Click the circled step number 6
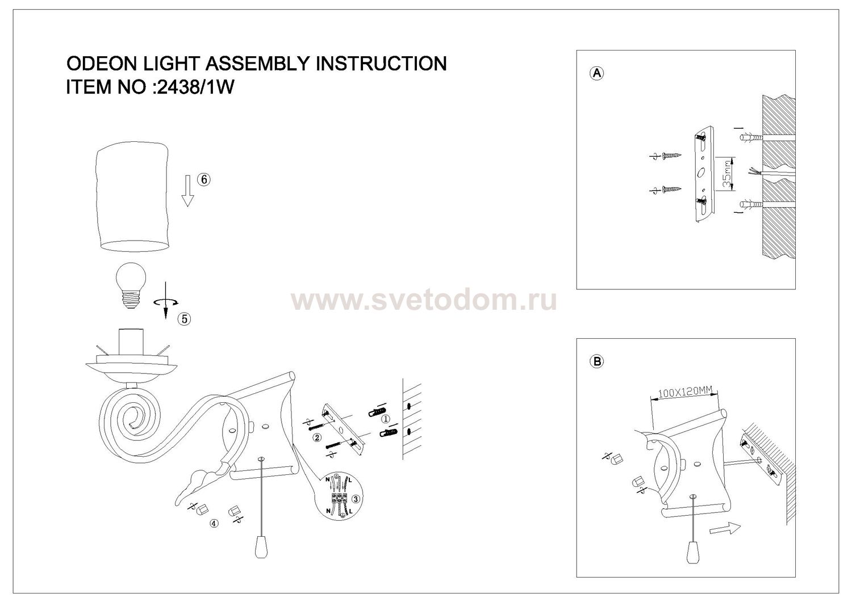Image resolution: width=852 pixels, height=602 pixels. tap(203, 179)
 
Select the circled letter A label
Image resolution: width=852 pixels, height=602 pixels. tap(596, 73)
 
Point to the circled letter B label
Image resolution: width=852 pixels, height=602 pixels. tap(596, 361)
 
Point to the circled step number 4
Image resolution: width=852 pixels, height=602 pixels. tap(214, 524)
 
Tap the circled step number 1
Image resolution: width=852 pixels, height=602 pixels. tap(385, 419)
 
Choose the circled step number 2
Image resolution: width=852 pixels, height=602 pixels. tap(317, 437)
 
